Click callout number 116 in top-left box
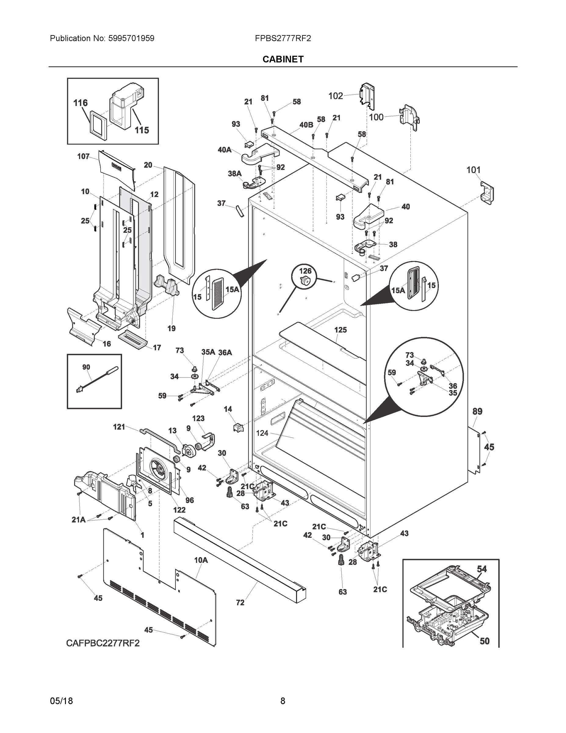click(x=81, y=103)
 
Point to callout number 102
click(x=335, y=96)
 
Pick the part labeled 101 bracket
click(x=487, y=193)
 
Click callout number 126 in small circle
click(x=305, y=271)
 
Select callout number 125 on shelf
click(x=340, y=330)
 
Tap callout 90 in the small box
click(x=86, y=367)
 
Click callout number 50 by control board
click(x=485, y=641)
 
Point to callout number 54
click(x=482, y=569)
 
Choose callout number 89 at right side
click(x=477, y=411)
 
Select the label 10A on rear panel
click(x=201, y=560)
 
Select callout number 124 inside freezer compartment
click(x=262, y=433)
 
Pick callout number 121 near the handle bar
click(x=119, y=427)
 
